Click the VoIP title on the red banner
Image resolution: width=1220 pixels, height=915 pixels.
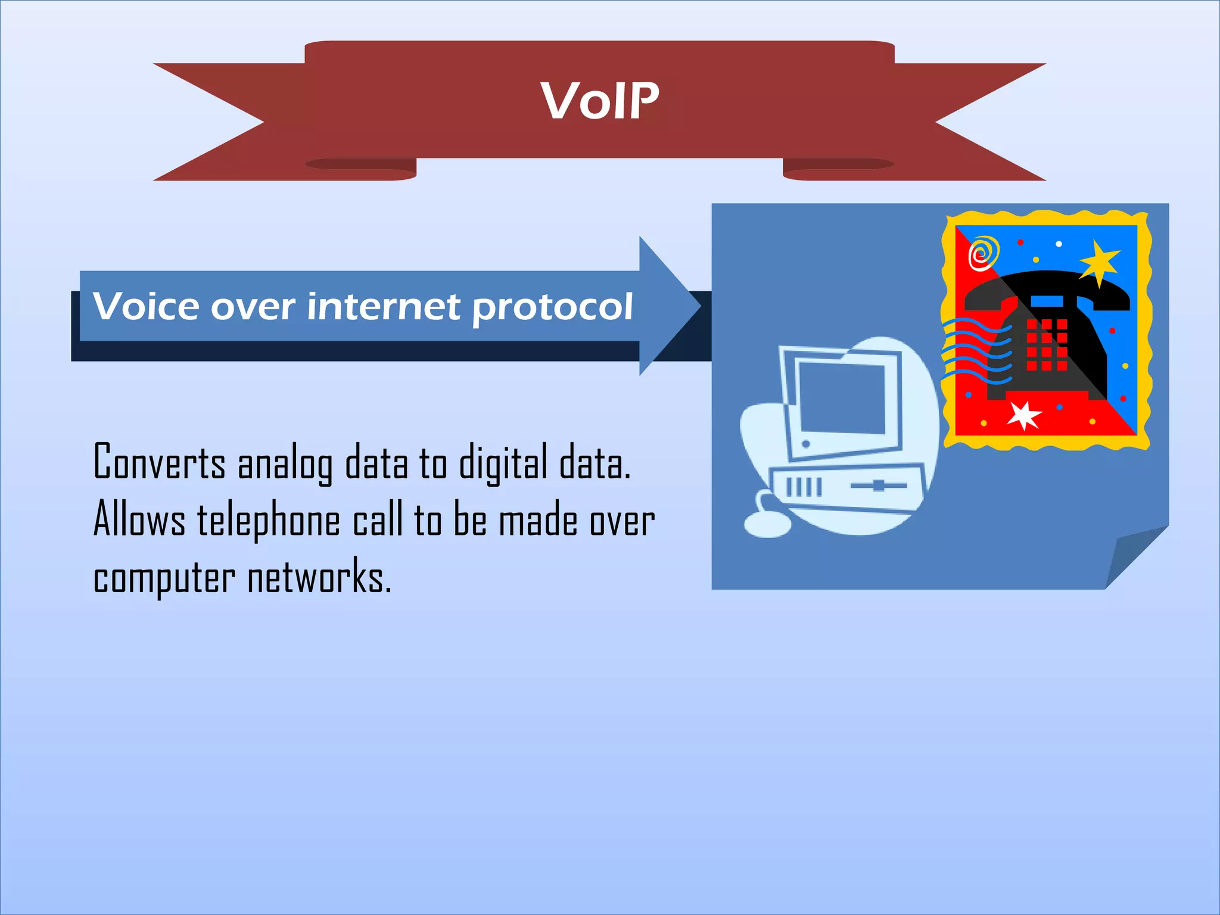[x=600, y=101]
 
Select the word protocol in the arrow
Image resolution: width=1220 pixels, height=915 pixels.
[x=552, y=307]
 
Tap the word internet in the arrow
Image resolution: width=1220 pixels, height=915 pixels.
[x=384, y=306]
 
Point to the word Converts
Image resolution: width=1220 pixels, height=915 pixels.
[x=160, y=462]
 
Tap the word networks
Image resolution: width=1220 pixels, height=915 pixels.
[x=319, y=577]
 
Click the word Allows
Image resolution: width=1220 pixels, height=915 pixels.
[x=139, y=519]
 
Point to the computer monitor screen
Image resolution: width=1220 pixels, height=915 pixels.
[x=842, y=397]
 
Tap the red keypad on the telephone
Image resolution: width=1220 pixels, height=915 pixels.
[x=1047, y=345]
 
